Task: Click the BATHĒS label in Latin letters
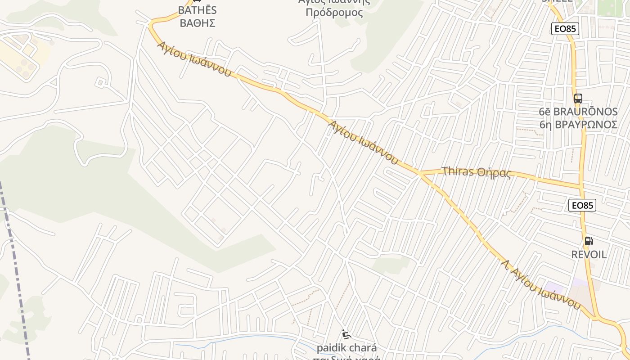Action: [x=197, y=10]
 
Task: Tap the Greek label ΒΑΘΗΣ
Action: [x=197, y=23]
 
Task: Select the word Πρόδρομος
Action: [x=334, y=12]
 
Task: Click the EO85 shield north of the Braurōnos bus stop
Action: [x=565, y=29]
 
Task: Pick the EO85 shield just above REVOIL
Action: [x=582, y=205]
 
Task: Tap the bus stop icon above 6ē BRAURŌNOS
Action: [x=578, y=99]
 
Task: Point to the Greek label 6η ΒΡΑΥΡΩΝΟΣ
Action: [x=578, y=124]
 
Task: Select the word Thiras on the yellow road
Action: [x=458, y=171]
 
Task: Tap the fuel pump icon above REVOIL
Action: [x=589, y=241]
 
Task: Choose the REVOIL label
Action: [x=589, y=254]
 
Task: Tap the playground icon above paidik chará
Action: [x=346, y=334]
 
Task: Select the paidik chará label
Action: [x=346, y=348]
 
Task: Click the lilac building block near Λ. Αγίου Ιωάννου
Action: [x=554, y=288]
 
